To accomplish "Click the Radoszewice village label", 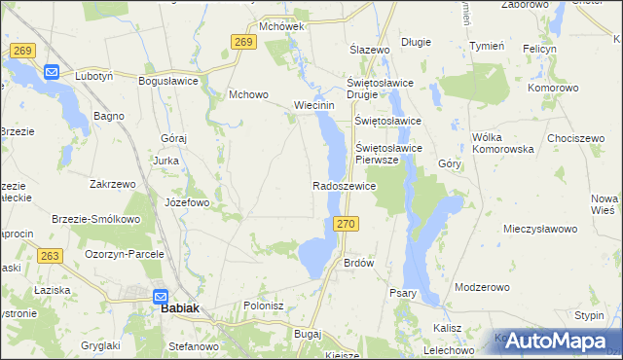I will coord(344,185).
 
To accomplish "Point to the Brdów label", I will coord(359,263).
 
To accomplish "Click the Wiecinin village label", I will coord(314,105).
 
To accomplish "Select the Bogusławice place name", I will coord(169,82).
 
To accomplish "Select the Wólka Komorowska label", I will coord(502,144).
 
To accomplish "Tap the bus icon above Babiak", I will coord(162,297).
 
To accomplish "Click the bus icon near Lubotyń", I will coord(52,72).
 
